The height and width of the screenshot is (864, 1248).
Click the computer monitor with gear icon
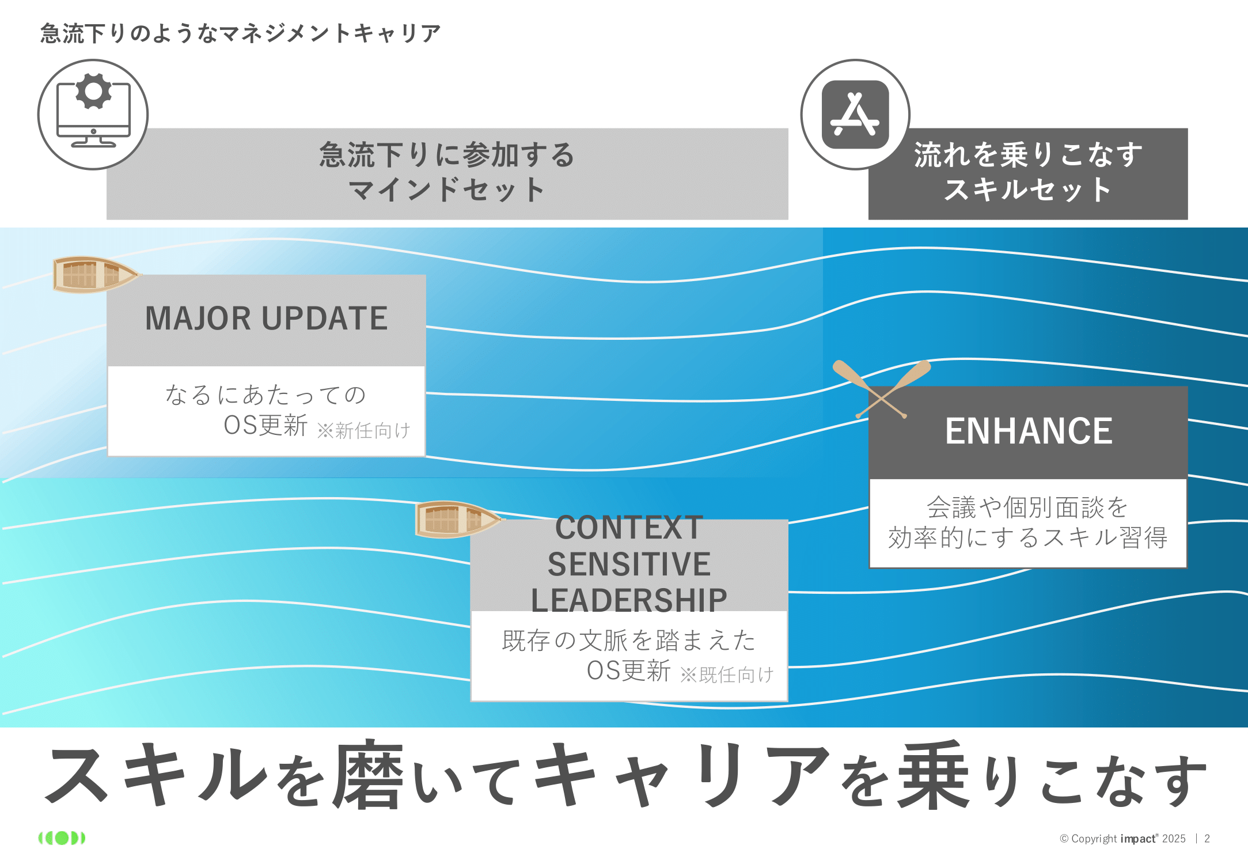point(93,114)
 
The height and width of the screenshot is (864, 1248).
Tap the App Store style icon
point(855,114)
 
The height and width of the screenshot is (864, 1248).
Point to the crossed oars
point(881,389)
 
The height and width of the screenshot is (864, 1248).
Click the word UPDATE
point(325,319)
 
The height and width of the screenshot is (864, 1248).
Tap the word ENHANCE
point(1029,431)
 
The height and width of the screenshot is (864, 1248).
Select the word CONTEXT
point(629,528)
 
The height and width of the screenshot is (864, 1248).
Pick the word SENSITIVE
point(629,564)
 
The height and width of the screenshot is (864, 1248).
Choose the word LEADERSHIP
point(629,600)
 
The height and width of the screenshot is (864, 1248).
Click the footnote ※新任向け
point(364,430)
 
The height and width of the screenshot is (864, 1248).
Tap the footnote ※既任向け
point(727,674)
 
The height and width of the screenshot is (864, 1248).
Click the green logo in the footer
point(62,838)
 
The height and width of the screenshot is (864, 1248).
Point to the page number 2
point(1207,839)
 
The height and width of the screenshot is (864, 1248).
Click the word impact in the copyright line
point(1136,839)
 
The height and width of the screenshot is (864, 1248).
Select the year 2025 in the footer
point(1174,839)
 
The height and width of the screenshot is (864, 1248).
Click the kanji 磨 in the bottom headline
point(369,775)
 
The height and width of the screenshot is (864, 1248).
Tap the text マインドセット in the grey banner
point(447,190)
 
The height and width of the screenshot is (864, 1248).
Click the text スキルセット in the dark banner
point(1028,190)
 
